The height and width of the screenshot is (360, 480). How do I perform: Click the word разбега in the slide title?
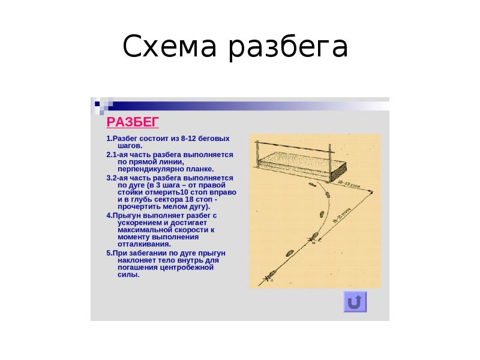coord(288,48)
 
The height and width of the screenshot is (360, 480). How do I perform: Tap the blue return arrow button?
coord(355,301)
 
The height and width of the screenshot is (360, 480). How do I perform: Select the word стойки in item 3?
coord(130,193)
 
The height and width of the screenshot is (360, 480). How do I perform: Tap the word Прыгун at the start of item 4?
coord(126,215)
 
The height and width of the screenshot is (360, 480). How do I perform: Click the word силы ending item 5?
coord(128,275)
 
